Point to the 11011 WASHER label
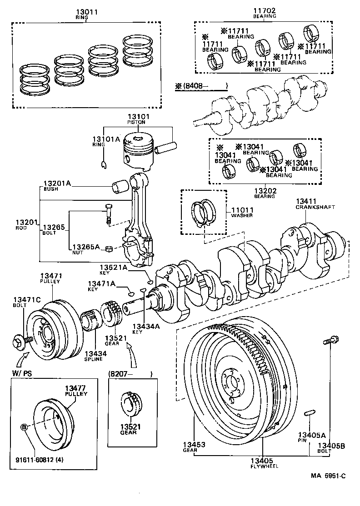pyautogui.click(x=242, y=212)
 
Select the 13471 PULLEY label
pyautogui.click(x=51, y=278)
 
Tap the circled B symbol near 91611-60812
pyautogui.click(x=24, y=427)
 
